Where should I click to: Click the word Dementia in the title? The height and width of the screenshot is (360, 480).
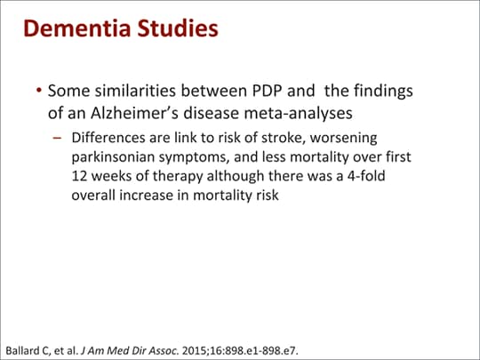click(x=77, y=28)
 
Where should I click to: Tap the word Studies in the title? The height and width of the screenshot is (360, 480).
click(x=178, y=28)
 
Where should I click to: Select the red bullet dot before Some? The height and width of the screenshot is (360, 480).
click(x=38, y=91)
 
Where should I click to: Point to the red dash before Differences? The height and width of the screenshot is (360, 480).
click(x=57, y=138)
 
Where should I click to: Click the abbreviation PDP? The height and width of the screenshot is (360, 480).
click(x=267, y=91)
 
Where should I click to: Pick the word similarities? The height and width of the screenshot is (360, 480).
click(x=135, y=91)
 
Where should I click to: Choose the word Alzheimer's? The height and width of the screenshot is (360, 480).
click(x=134, y=113)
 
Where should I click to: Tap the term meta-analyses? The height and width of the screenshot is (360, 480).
click(x=298, y=113)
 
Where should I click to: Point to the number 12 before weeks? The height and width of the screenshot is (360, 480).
click(x=79, y=176)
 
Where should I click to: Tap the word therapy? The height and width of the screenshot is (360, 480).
click(x=178, y=177)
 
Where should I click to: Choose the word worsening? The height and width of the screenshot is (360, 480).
click(x=343, y=139)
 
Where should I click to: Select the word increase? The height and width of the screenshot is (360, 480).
click(x=146, y=196)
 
